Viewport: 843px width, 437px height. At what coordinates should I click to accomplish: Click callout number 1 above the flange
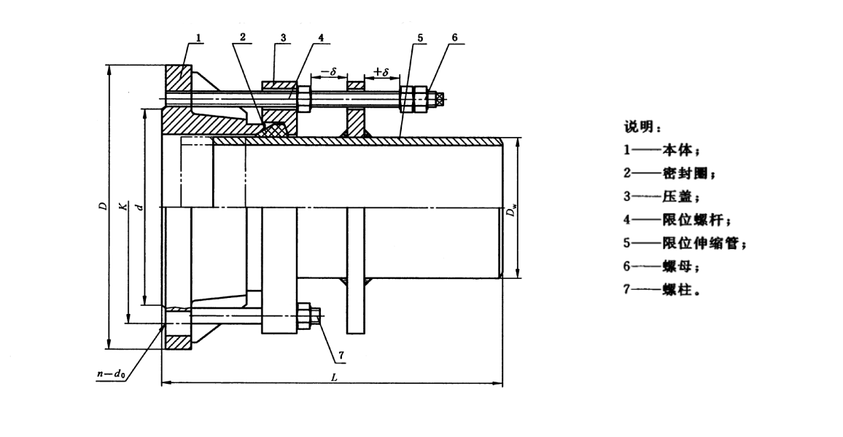[199, 36]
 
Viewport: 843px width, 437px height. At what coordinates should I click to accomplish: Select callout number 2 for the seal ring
[243, 36]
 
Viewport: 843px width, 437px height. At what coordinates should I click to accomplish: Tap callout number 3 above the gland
[283, 36]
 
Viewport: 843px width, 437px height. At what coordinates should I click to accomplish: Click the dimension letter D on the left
[102, 207]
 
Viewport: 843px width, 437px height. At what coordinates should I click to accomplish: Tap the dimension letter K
[123, 207]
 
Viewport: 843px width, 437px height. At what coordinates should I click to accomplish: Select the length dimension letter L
[333, 378]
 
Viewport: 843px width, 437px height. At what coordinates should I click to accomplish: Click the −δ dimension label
[328, 71]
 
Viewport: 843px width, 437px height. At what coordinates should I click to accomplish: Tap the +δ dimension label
[381, 71]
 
